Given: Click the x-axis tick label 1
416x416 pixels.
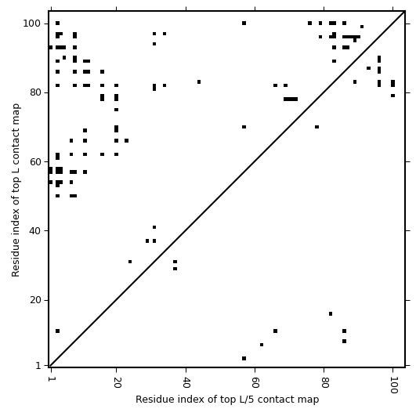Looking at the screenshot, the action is click(50, 379).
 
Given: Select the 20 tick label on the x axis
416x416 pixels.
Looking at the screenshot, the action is click(117, 382).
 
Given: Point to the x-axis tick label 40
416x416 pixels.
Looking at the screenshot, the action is click(186, 382).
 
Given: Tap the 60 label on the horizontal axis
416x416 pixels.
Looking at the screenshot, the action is click(255, 382).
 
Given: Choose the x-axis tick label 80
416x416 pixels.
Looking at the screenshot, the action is click(324, 382).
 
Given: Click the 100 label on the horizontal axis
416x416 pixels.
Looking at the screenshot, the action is click(393, 385).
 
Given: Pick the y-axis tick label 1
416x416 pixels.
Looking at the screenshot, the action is click(38, 366).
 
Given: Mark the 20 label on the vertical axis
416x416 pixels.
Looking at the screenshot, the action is click(35, 300).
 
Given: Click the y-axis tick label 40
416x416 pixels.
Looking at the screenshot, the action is click(35, 231).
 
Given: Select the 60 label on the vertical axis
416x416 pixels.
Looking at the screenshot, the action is click(35, 161).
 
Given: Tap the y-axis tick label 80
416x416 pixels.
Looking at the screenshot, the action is click(35, 92).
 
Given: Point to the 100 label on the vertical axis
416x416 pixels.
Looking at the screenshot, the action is click(32, 24).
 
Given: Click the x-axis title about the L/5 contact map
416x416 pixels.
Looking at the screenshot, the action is click(227, 400).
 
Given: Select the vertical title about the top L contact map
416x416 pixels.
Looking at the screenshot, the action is click(16, 190).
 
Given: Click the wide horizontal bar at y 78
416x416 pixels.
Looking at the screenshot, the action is click(291, 99).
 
